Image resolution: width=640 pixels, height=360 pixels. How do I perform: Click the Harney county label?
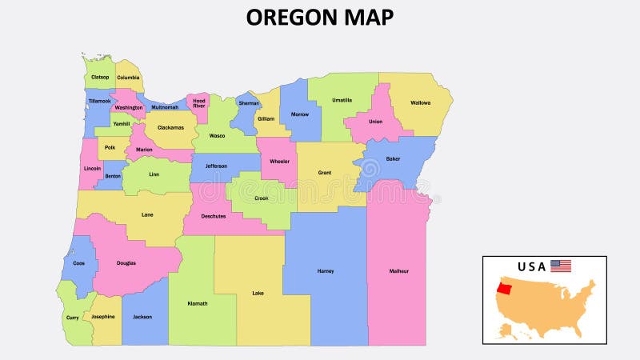[325, 271]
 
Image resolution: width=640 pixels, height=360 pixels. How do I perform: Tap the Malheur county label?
[399, 271]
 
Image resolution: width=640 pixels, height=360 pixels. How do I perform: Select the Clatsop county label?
[100, 78]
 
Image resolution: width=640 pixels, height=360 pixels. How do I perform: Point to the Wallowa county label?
[420, 102]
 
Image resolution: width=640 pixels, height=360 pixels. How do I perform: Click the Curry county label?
[73, 317]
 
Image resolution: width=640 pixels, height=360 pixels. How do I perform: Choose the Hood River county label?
[198, 103]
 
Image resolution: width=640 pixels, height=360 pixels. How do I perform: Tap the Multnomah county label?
[165, 106]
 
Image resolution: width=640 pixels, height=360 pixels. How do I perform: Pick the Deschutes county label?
[214, 216]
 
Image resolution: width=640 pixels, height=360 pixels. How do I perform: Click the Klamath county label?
[197, 303]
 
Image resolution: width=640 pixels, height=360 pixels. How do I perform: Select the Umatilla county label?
[342, 100]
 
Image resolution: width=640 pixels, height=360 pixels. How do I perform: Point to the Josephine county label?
[102, 316]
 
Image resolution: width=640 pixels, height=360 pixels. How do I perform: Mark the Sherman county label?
[249, 103]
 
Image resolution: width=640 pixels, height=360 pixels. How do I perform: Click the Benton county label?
[113, 175]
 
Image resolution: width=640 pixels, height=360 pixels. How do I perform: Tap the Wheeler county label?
[279, 162]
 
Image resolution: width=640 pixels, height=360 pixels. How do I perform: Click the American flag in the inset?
[561, 266]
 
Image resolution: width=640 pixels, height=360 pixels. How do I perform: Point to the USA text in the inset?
[532, 266]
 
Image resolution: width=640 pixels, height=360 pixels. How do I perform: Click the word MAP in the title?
[367, 17]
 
